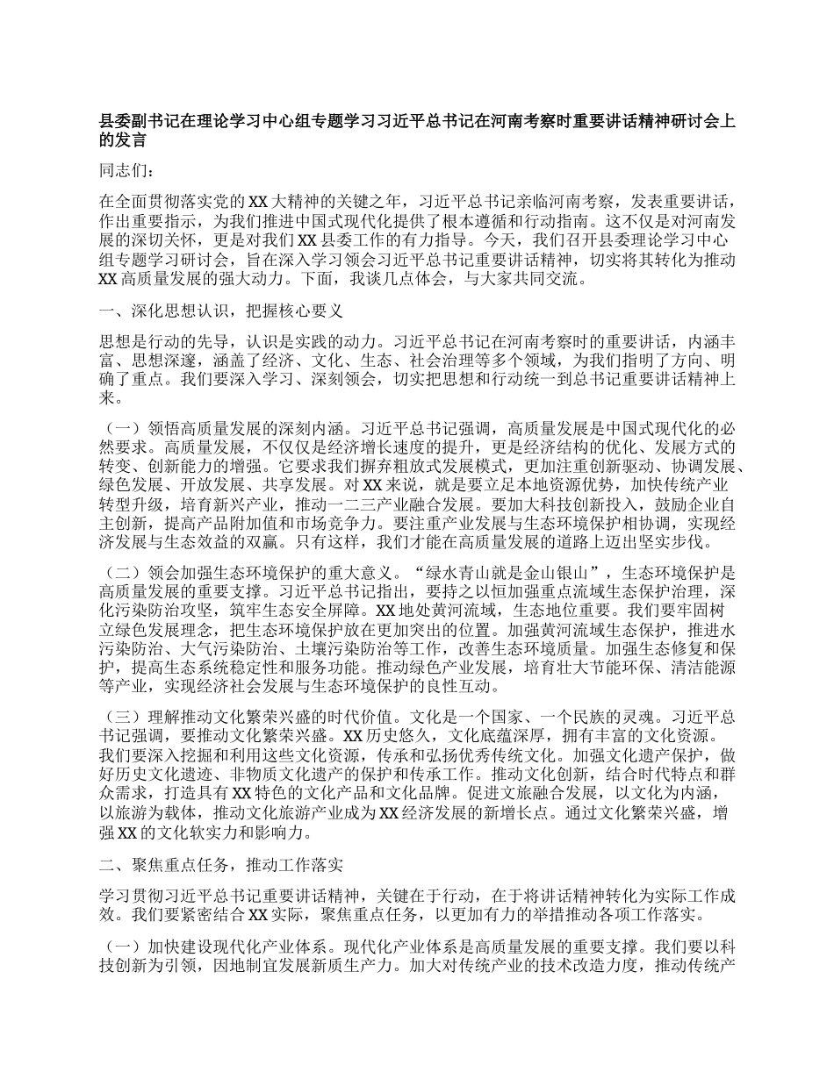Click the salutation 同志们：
(x=126, y=169)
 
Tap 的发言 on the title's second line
(x=122, y=140)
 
